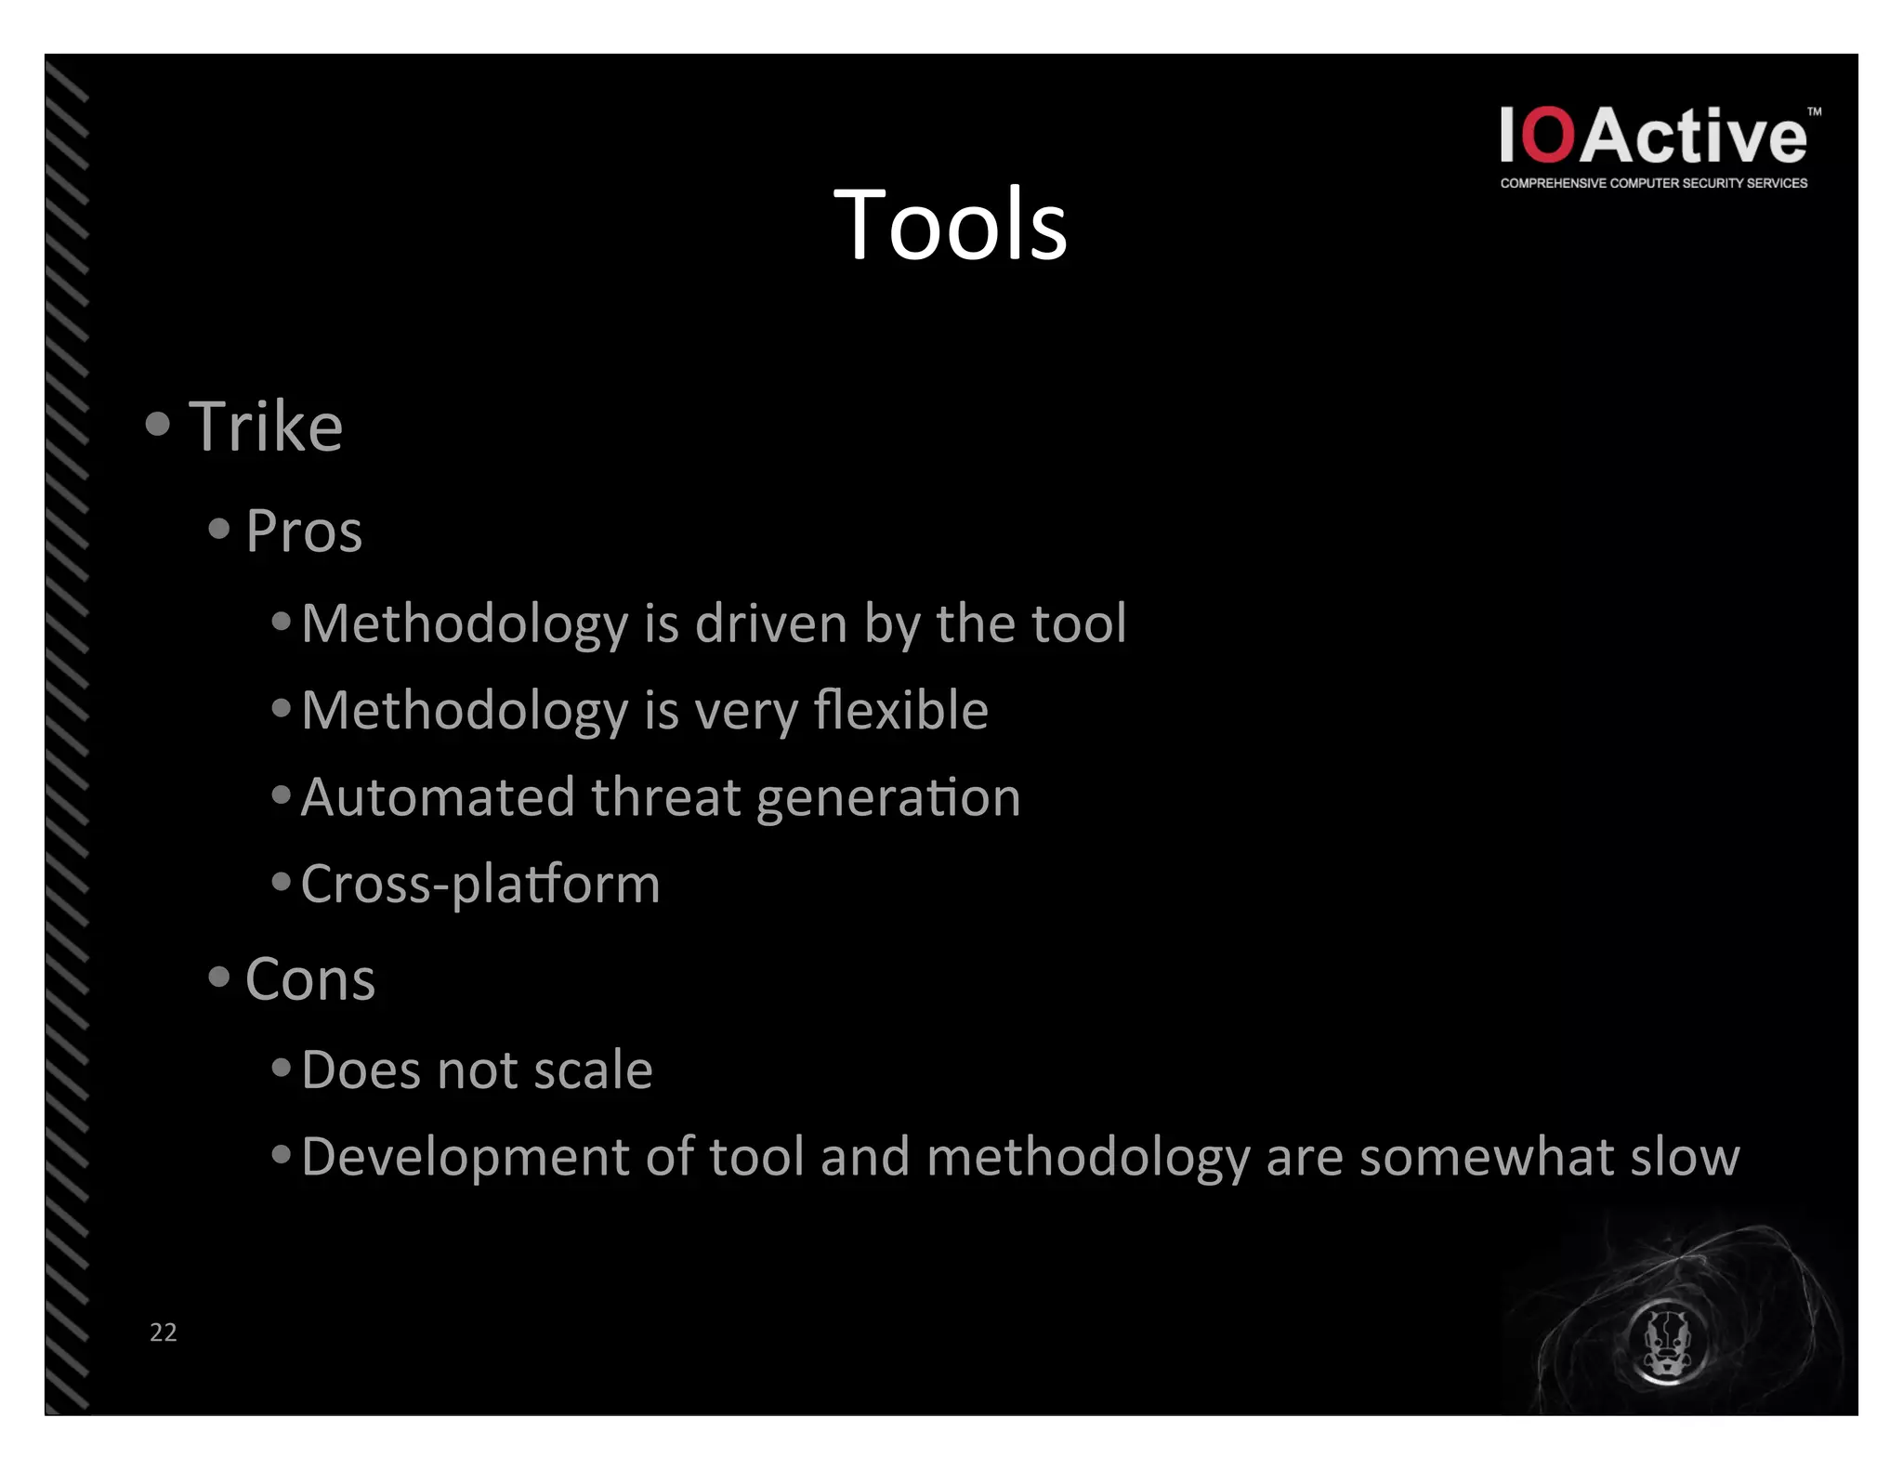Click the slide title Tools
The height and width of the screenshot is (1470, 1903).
pyautogui.click(x=950, y=225)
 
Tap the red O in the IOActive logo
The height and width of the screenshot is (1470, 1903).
pyautogui.click(x=1550, y=136)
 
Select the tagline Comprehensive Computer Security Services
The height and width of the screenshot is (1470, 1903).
pyautogui.click(x=1653, y=183)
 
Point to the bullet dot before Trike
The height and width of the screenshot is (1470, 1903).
pyautogui.click(x=158, y=424)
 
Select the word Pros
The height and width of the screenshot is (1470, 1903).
pyautogui.click(x=304, y=532)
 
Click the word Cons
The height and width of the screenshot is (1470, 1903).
pyautogui.click(x=310, y=979)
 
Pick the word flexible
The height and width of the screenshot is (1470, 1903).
pyautogui.click(x=900, y=711)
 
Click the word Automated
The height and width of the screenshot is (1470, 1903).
pyautogui.click(x=438, y=797)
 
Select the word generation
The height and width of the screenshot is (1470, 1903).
pyautogui.click(x=888, y=799)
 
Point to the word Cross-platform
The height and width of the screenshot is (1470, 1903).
pyautogui.click(x=480, y=885)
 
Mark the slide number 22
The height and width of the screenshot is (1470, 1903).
pyautogui.click(x=164, y=1332)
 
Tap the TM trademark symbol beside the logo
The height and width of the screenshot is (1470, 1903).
pyautogui.click(x=1814, y=112)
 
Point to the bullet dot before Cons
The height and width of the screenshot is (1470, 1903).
pyautogui.click(x=219, y=977)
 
